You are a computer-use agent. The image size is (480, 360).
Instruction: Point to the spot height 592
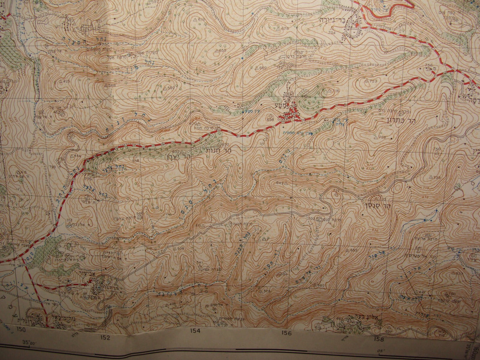coord(171,88)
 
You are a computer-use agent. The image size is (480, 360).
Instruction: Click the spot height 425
coord(66,81)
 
